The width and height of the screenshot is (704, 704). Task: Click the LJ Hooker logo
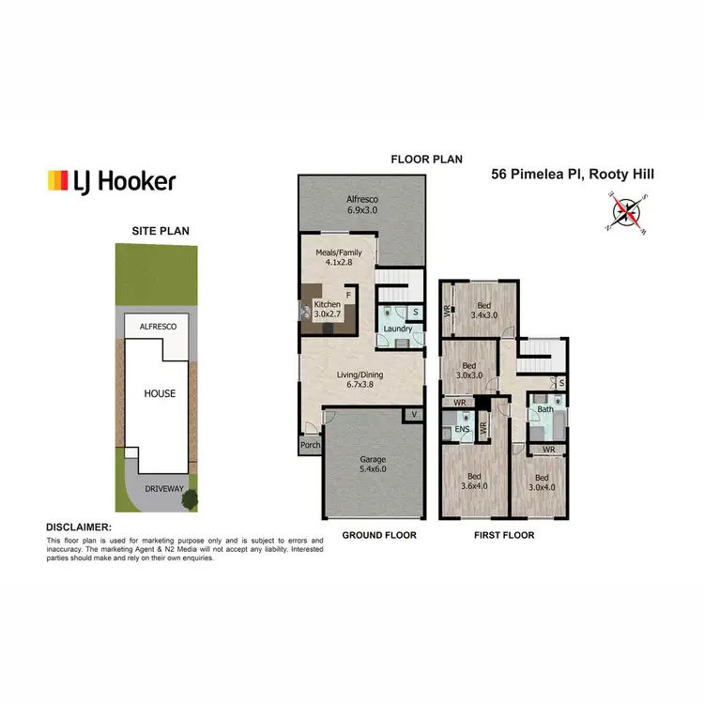[x=111, y=181]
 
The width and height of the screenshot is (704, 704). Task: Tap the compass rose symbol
[x=626, y=211]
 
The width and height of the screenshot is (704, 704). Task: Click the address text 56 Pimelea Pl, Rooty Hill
[x=574, y=174]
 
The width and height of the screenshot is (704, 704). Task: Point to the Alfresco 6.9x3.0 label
[x=360, y=205]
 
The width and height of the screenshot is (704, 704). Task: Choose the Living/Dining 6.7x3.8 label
[x=361, y=379]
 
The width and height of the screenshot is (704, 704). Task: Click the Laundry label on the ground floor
[x=397, y=329]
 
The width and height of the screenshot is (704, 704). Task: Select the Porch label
[x=309, y=447]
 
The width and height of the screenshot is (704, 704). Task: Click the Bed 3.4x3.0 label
[x=483, y=311]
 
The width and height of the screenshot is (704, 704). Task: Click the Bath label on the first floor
[x=544, y=410]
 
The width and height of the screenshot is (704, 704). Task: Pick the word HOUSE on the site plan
[x=159, y=393]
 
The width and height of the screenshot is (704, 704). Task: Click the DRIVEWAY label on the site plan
[x=159, y=489]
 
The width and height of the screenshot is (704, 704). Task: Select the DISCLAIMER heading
[x=79, y=528]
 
